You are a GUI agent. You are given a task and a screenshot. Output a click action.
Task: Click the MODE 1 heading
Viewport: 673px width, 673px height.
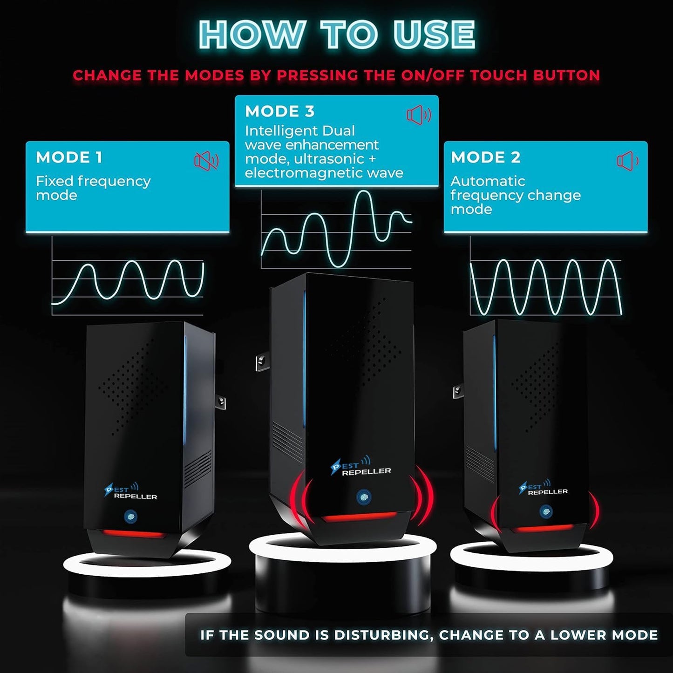69,157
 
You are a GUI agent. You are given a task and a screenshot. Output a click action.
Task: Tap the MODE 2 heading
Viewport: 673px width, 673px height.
485,157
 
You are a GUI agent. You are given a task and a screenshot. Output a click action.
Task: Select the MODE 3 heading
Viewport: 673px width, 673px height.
280,111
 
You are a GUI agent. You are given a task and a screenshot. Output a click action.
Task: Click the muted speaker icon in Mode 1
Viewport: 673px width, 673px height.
206,161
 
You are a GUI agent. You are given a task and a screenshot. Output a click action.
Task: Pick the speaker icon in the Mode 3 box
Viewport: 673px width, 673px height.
419,115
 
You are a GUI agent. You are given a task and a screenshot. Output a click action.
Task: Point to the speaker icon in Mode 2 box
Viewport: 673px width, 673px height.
628,161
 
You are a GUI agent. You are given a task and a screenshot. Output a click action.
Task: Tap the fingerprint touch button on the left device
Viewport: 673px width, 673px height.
130,516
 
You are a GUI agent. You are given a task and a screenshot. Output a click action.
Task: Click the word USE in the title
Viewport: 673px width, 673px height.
434,34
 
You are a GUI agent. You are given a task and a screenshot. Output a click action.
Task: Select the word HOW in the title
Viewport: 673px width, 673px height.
251,34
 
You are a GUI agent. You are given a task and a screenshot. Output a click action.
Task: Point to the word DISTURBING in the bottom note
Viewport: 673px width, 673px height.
383,635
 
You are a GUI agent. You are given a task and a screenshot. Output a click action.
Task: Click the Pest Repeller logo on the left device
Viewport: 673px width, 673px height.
130,492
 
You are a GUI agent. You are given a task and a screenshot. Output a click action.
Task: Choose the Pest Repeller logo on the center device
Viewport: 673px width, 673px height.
361,467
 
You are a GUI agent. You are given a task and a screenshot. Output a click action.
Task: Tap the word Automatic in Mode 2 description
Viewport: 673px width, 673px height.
488,181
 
